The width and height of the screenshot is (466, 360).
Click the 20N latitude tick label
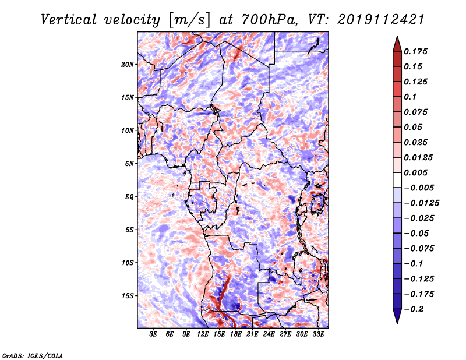(x=128, y=64)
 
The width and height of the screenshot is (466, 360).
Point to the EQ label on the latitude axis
(x=129, y=197)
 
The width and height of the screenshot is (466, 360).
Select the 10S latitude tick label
(x=128, y=263)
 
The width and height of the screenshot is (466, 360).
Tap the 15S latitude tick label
(x=128, y=296)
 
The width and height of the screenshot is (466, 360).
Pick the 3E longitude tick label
(x=154, y=334)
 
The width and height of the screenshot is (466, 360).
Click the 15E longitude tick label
(x=220, y=334)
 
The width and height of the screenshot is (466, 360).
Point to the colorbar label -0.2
(x=418, y=309)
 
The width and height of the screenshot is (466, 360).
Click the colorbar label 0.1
(x=410, y=97)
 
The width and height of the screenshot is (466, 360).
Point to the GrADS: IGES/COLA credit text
(x=33, y=355)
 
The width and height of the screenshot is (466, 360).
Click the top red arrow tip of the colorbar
(x=397, y=38)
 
